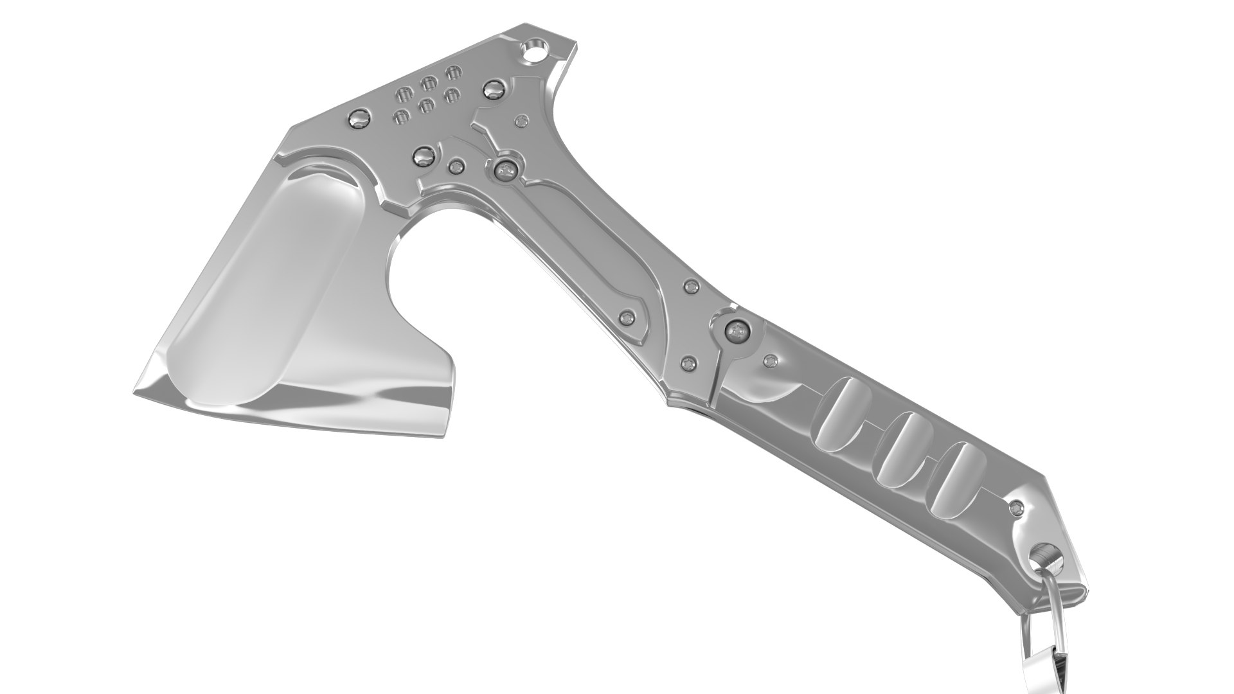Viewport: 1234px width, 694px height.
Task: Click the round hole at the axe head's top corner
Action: (x=533, y=51)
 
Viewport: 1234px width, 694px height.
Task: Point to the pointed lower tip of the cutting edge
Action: (x=137, y=393)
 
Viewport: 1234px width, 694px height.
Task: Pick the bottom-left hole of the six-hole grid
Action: (x=401, y=117)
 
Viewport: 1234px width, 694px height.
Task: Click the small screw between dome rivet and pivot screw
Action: (x=457, y=166)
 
